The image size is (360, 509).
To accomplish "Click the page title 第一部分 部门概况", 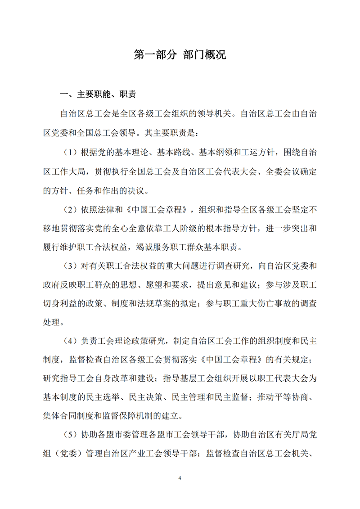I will tap(180, 55).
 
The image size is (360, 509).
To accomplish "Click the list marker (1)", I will tap(70, 153).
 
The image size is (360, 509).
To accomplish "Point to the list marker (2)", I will tap(70, 209).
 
